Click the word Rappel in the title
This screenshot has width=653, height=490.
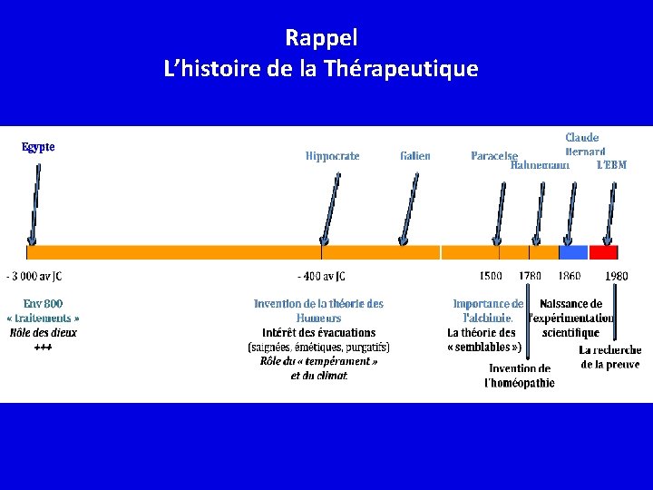(x=322, y=38)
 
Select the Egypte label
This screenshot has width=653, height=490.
(x=38, y=147)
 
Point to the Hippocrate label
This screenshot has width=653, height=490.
(x=332, y=156)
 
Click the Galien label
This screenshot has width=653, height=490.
(x=415, y=156)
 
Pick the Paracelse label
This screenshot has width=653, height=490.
(x=494, y=156)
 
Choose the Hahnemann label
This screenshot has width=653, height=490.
(x=541, y=166)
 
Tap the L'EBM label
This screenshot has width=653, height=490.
(x=611, y=166)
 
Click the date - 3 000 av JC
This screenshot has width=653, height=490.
(x=34, y=276)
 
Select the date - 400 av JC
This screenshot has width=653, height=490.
(x=322, y=276)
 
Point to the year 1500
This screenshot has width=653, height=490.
(x=491, y=276)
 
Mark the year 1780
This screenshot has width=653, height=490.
(x=531, y=276)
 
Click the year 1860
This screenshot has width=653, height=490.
(x=570, y=276)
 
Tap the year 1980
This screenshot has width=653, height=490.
(x=616, y=276)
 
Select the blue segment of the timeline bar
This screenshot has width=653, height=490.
(x=573, y=252)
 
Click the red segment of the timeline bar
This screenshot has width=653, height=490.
(x=603, y=252)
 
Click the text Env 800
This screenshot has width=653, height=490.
(x=43, y=304)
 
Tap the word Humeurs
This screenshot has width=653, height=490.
(x=318, y=318)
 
